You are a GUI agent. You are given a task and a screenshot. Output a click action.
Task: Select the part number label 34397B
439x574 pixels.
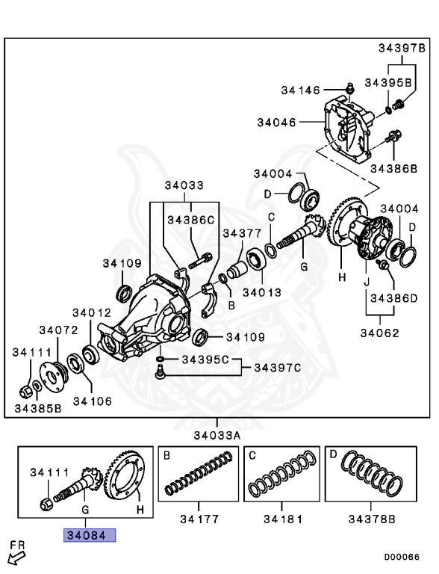coord(400,49)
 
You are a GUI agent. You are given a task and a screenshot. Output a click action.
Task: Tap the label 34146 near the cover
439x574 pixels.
coord(300,90)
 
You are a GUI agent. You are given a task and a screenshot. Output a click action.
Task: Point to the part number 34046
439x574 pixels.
coord(276,121)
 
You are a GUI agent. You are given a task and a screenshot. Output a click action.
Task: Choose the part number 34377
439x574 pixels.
coord(243,232)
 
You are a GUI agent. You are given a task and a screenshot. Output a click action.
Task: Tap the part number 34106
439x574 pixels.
coord(91,401)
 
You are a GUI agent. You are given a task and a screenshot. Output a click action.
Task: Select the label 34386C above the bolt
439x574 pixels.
coord(190,220)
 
